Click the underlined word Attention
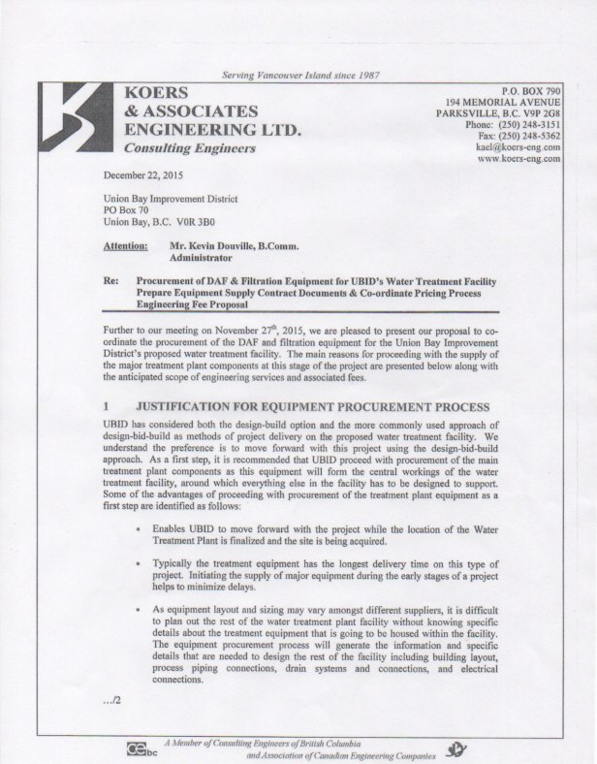click(124, 247)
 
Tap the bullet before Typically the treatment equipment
click(142, 561)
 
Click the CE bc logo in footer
click(141, 748)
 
